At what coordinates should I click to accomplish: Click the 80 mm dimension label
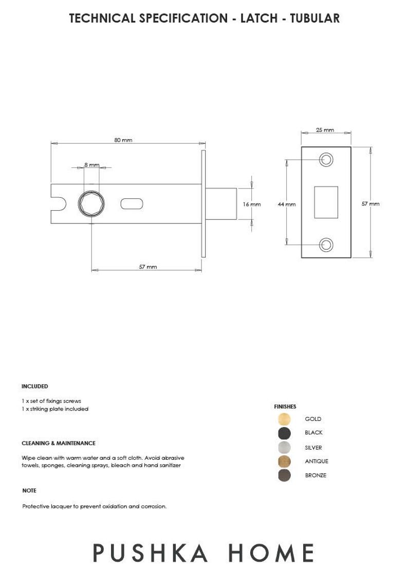(123, 140)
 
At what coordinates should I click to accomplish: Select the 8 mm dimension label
(91, 164)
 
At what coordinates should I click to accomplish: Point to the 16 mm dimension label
(252, 204)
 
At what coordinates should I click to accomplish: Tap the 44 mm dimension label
(286, 204)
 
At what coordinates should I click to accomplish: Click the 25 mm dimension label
(325, 130)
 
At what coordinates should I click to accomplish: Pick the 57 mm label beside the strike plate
(370, 203)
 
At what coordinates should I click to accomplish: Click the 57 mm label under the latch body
(148, 267)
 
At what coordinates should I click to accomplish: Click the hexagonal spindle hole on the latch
(91, 204)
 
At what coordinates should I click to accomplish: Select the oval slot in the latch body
(132, 204)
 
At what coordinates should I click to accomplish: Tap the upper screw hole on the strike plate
(326, 160)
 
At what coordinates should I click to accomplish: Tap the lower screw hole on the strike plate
(326, 245)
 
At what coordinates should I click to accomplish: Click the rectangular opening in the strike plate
(326, 202)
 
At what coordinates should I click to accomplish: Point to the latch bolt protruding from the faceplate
(221, 204)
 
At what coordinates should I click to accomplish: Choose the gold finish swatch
(284, 419)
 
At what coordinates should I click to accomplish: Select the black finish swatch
(284, 433)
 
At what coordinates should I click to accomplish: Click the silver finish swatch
(284, 448)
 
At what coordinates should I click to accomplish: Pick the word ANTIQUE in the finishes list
(317, 461)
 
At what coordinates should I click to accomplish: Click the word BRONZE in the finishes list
(316, 475)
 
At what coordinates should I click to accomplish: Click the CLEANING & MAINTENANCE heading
(59, 443)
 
